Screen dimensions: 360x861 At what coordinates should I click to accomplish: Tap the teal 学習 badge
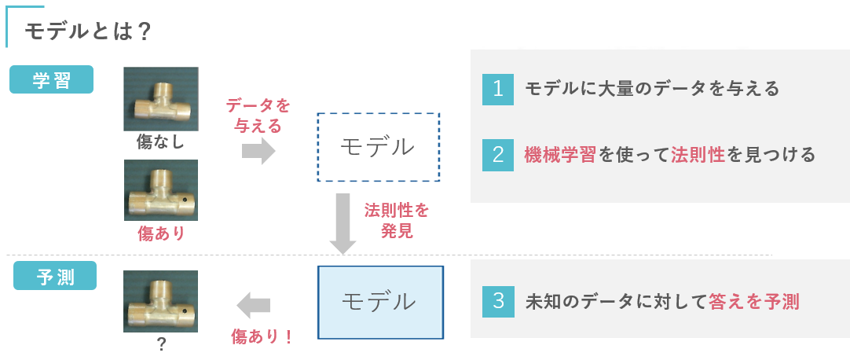point(52,79)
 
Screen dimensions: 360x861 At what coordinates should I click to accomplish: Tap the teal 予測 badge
point(55,276)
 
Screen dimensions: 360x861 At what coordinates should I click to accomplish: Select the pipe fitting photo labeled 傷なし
point(161,99)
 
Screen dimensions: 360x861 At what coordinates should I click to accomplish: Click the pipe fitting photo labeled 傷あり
point(161,191)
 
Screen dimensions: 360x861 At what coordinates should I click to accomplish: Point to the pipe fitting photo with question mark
point(161,302)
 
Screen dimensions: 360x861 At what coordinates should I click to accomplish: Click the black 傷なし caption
point(160,142)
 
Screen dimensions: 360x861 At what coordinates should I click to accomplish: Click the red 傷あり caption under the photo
point(161,233)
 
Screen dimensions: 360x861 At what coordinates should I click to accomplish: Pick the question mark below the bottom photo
point(161,344)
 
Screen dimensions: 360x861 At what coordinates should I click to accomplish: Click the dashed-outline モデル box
point(378,147)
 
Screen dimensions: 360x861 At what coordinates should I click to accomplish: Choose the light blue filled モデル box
point(380,302)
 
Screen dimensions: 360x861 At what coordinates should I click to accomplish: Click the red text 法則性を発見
point(397,221)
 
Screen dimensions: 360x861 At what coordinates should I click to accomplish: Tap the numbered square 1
point(497,89)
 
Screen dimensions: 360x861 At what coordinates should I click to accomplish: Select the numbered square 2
point(497,155)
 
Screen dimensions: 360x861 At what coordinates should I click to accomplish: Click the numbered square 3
point(497,301)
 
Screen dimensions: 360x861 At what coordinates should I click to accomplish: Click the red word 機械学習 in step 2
point(560,155)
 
